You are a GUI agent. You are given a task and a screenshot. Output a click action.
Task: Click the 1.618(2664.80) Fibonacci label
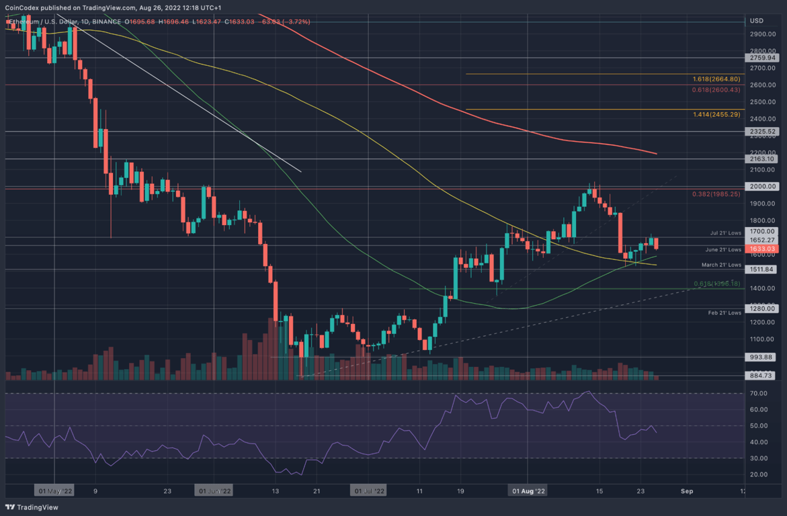click(x=716, y=79)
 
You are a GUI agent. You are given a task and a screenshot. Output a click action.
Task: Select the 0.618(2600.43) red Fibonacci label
click(x=716, y=89)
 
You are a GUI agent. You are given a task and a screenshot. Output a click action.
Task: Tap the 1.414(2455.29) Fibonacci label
click(x=716, y=115)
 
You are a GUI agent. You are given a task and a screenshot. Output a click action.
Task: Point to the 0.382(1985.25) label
click(x=716, y=194)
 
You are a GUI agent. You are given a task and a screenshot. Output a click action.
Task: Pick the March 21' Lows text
click(x=722, y=265)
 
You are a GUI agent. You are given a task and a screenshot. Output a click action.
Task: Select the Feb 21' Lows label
click(x=724, y=312)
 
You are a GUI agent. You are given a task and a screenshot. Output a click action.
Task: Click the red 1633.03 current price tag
click(x=763, y=249)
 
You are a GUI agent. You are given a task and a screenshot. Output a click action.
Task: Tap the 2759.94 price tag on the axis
click(x=763, y=58)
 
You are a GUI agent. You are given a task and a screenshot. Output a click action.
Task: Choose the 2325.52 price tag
click(x=763, y=132)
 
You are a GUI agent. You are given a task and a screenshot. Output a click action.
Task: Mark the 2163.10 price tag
click(x=763, y=159)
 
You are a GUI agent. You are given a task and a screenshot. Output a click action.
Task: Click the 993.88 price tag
click(x=763, y=357)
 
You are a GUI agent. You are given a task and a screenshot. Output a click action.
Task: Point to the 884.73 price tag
click(x=763, y=376)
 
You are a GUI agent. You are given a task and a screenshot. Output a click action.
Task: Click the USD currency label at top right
click(x=756, y=21)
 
